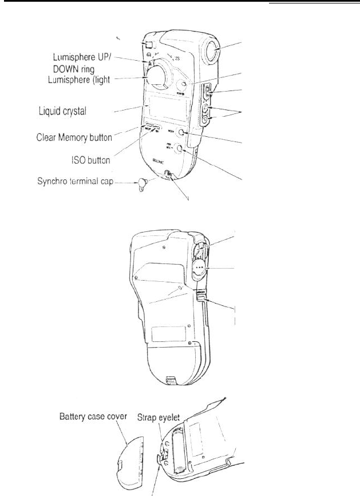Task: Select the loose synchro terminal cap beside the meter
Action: coord(141,183)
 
